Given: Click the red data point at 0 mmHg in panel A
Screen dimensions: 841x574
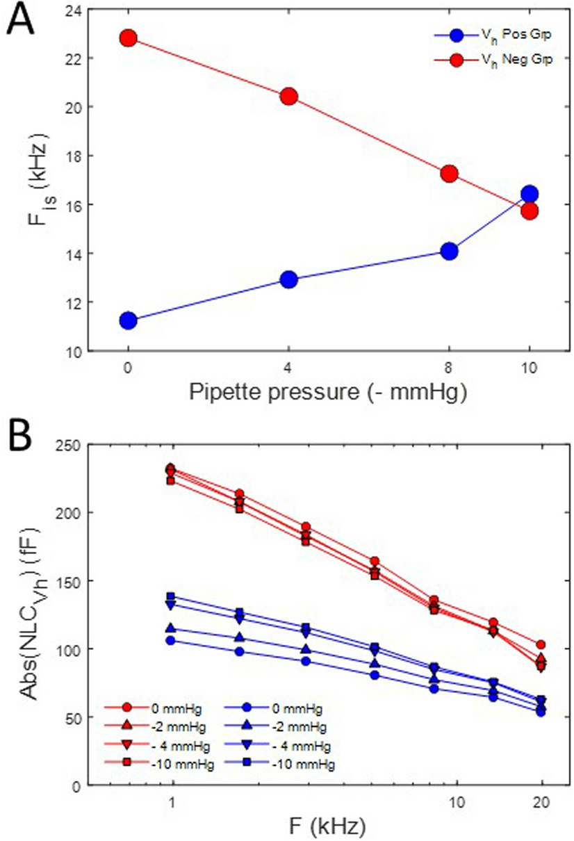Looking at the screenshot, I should [x=128, y=38].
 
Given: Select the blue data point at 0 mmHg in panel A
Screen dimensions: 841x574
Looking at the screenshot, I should [x=128, y=320].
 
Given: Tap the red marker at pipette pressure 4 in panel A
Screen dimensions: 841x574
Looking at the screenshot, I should [x=288, y=97].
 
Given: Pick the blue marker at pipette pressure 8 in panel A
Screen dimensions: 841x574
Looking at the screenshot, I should [x=449, y=251].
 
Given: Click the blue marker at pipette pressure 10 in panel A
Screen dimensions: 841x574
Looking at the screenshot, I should [x=530, y=194].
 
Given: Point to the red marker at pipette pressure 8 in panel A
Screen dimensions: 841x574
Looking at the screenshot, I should [x=449, y=173].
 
